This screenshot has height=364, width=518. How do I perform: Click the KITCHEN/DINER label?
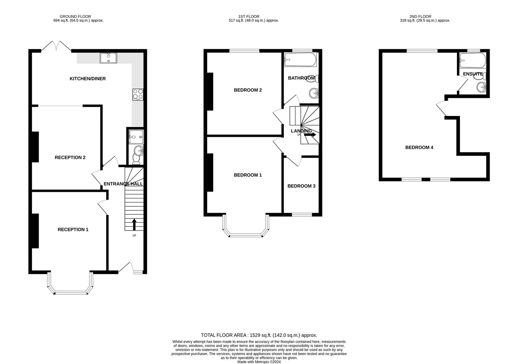click(88, 79)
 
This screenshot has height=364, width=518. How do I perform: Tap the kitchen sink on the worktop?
click(109, 58)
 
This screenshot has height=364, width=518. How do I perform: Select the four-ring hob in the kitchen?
click(138, 94)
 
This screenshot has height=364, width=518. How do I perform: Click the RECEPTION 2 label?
click(70, 158)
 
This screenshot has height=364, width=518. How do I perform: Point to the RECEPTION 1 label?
click(73, 230)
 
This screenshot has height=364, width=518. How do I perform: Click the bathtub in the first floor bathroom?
click(300, 60)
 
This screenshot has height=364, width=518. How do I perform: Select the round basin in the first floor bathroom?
click(314, 93)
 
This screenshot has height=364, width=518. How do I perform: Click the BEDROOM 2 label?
click(248, 90)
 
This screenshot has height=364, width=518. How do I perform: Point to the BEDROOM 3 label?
click(301, 186)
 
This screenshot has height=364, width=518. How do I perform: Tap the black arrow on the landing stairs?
click(310, 134)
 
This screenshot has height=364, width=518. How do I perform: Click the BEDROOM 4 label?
click(419, 148)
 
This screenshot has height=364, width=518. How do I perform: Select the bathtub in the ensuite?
click(473, 60)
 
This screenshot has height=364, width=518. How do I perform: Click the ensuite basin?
click(481, 87)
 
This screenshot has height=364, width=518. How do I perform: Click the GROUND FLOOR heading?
click(76, 17)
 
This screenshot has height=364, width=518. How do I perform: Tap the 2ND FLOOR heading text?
click(420, 17)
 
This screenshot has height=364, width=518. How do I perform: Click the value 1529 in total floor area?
click(256, 335)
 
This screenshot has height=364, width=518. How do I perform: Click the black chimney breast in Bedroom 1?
click(210, 173)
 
